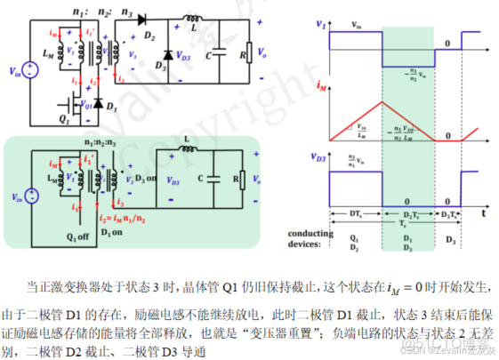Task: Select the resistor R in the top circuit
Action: [252, 53]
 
